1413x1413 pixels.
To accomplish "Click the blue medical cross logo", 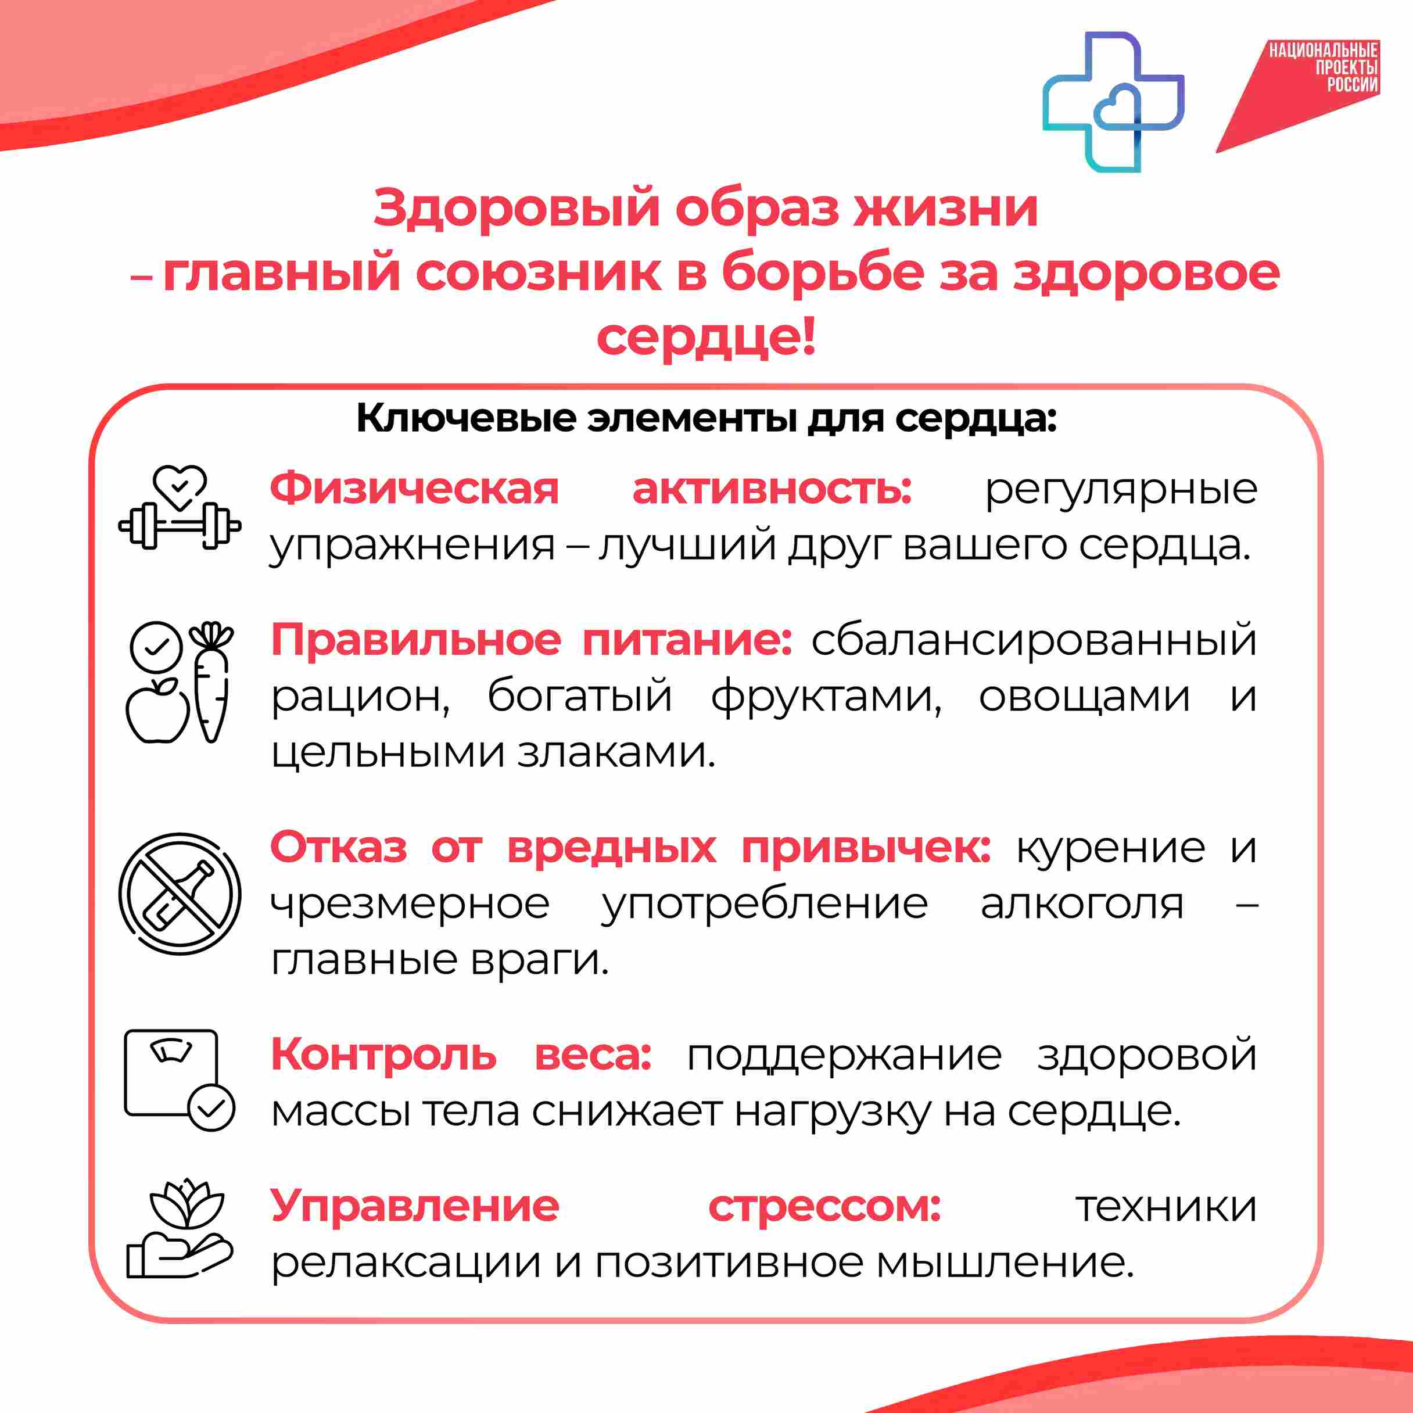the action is tap(1113, 102).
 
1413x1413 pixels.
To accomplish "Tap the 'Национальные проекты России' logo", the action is tap(1298, 96).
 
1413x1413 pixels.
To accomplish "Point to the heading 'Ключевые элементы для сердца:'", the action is tap(706, 419).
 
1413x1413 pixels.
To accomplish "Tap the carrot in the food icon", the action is tap(211, 682).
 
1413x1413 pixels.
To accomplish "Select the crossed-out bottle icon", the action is tap(180, 894).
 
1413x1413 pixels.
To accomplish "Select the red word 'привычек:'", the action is tap(867, 849).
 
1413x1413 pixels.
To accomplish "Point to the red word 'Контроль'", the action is tap(384, 1055).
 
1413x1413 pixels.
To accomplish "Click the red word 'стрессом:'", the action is tap(825, 1207).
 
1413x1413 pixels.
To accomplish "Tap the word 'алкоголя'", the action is tap(1082, 904).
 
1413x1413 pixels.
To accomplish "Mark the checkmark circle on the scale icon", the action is tap(211, 1109).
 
